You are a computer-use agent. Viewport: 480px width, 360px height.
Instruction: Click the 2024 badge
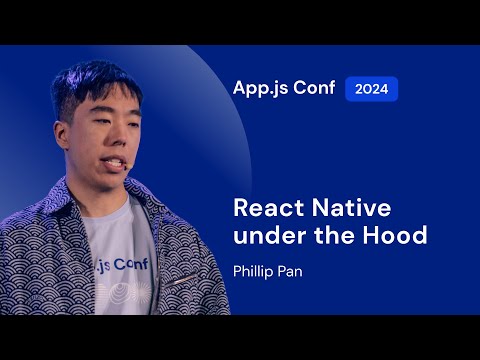pos(372,88)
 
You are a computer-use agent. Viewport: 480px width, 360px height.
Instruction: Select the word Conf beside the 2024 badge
pos(314,88)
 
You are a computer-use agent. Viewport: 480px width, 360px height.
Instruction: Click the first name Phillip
pos(254,270)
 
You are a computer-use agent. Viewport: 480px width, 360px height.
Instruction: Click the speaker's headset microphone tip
pos(123,161)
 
